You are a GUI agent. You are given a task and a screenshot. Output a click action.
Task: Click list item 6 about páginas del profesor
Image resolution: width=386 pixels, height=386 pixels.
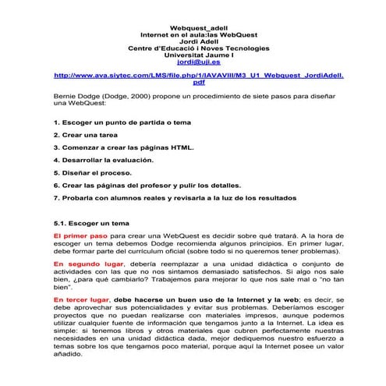click(x=147, y=185)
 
